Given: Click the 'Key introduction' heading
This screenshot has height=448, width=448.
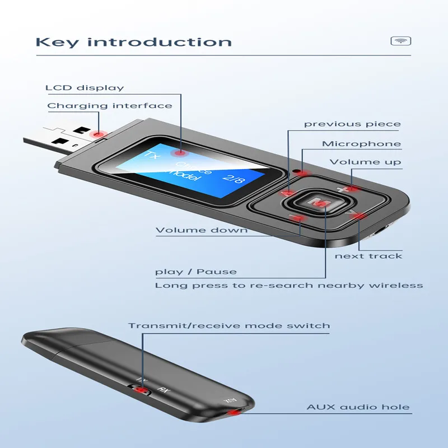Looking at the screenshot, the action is point(133,42).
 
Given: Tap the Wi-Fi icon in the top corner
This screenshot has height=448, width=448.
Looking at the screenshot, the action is point(400,41).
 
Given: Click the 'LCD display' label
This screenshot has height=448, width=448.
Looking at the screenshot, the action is point(85,88).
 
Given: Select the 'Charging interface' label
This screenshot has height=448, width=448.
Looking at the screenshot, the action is point(110,106).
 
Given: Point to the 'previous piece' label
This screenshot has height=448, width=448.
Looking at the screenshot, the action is point(352,124).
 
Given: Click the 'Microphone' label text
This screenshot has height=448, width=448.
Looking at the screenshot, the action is point(361,144).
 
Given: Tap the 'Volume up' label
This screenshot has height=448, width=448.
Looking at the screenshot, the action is point(365,162).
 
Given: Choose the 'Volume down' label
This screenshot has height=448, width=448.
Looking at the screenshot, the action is point(202,230).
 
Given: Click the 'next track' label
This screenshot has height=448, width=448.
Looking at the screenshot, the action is point(368,256).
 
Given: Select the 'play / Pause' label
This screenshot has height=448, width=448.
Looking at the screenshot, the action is point(196,272).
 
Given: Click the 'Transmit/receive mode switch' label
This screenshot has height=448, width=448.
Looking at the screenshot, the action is point(229,325).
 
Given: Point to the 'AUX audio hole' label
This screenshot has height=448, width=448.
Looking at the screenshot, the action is point(358,407).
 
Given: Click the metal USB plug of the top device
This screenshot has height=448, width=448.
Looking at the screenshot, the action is point(56,143).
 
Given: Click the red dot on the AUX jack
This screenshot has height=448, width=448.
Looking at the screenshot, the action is point(234,413).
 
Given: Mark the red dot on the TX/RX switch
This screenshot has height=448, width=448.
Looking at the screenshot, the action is point(142,390).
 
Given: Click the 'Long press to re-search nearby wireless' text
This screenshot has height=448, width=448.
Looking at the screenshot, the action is point(289,286).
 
